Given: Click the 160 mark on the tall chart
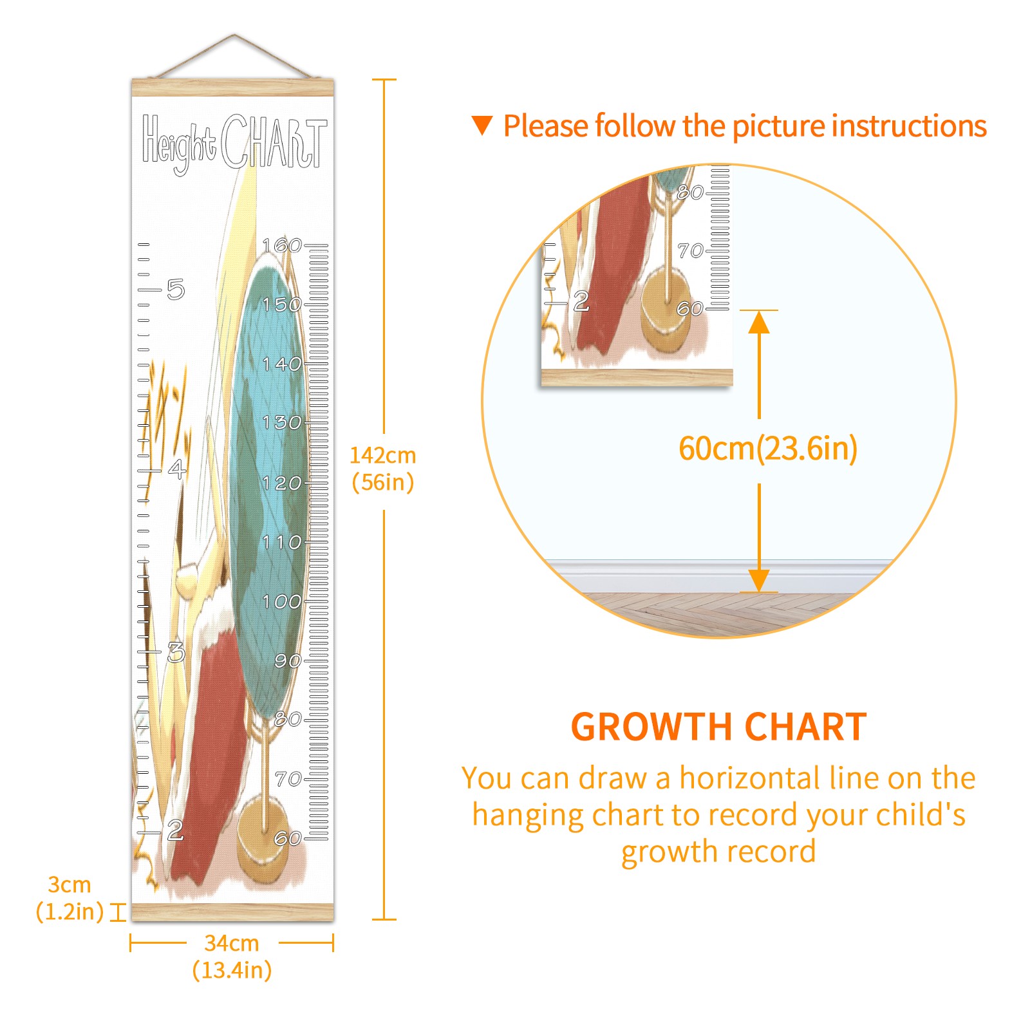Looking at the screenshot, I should (282, 245).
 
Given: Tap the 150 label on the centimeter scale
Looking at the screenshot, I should (282, 304).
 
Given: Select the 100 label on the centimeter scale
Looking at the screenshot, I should (282, 602).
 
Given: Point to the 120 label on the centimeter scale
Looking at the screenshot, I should (282, 483).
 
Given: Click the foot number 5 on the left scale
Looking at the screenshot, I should (176, 290).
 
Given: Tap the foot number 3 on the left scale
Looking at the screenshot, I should (176, 653).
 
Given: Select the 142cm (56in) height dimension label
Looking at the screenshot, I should (383, 469).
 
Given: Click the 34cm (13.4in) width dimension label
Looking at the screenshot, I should (232, 957).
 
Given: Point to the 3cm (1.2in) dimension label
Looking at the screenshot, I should (70, 898).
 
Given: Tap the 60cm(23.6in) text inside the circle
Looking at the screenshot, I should (768, 448).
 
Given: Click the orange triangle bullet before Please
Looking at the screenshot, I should (482, 125).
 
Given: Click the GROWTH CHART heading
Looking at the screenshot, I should (718, 727).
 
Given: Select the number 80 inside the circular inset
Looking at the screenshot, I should (690, 192).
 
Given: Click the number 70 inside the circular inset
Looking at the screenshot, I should (690, 250).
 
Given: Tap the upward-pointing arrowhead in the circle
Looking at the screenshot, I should (759, 321).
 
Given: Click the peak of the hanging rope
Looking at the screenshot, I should (234, 35).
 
